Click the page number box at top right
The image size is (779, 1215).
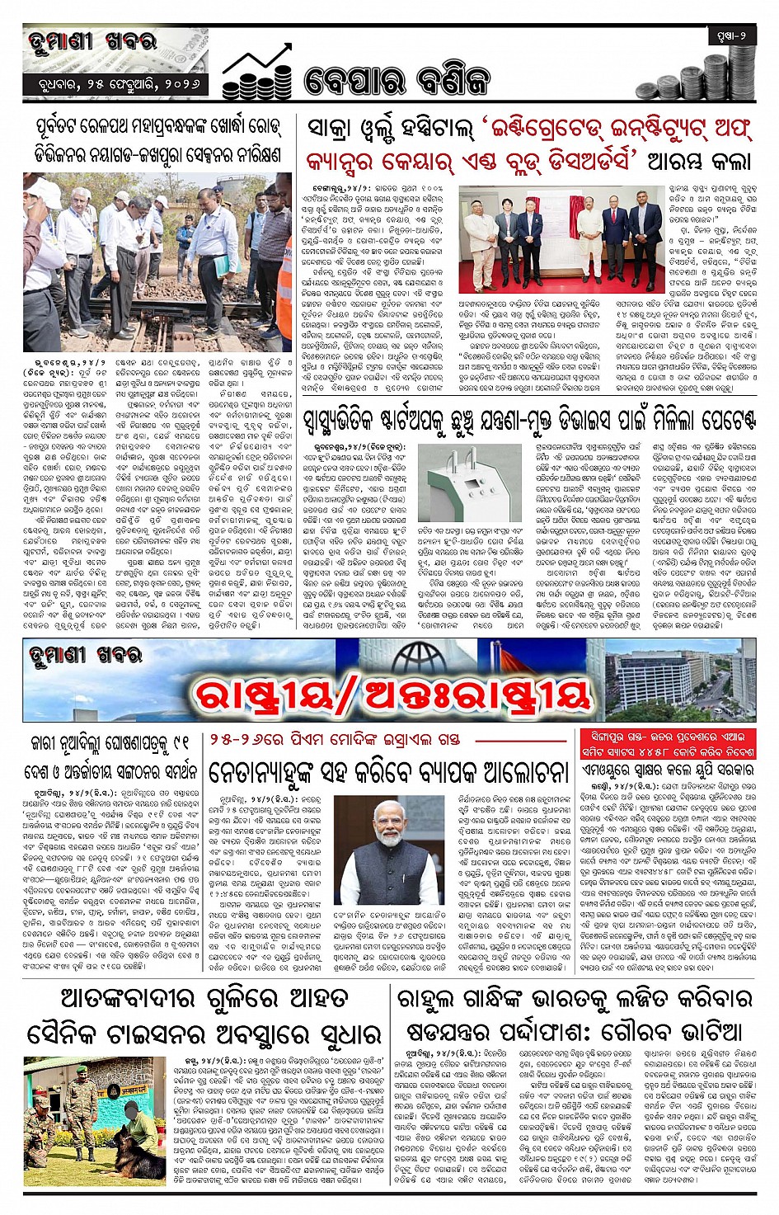tap(730, 35)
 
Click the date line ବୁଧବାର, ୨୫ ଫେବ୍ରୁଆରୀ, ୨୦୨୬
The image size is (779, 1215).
tap(115, 84)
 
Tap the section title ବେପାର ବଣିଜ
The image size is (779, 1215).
tap(397, 81)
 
